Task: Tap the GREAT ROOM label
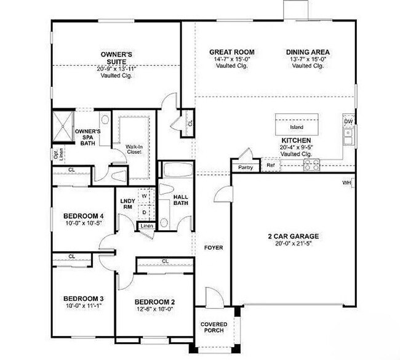[231, 52]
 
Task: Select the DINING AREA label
[308, 52]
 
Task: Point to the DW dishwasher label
[348, 122]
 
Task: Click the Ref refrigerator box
[270, 165]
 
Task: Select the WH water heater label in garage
[346, 182]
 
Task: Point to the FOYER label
[213, 248]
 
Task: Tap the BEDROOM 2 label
[155, 302]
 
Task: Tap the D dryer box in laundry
[145, 212]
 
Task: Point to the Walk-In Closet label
[135, 150]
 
